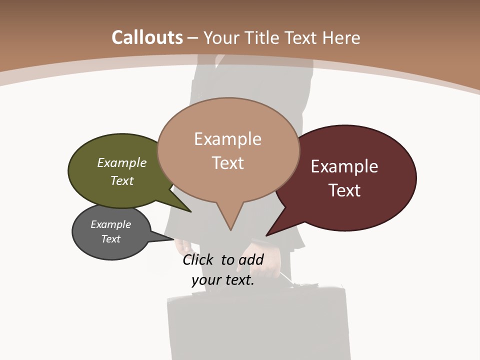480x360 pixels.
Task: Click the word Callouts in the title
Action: (147, 37)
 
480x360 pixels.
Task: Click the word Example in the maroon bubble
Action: (344, 166)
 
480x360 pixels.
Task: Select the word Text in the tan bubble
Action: (228, 163)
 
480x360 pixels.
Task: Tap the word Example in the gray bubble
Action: (111, 224)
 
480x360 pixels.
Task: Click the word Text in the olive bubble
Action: (122, 180)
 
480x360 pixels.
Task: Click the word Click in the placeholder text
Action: (199, 259)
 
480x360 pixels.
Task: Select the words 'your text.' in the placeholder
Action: (223, 280)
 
